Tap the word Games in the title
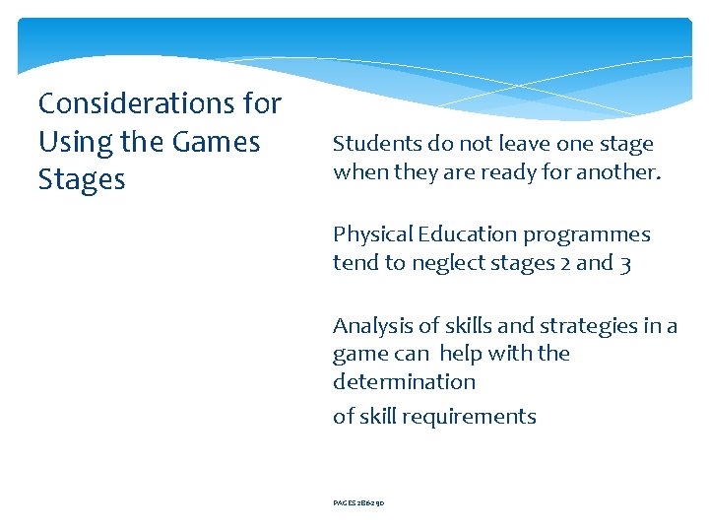216,142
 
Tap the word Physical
372,234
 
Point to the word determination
404,381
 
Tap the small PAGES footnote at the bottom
358,501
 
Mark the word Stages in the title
82,180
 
